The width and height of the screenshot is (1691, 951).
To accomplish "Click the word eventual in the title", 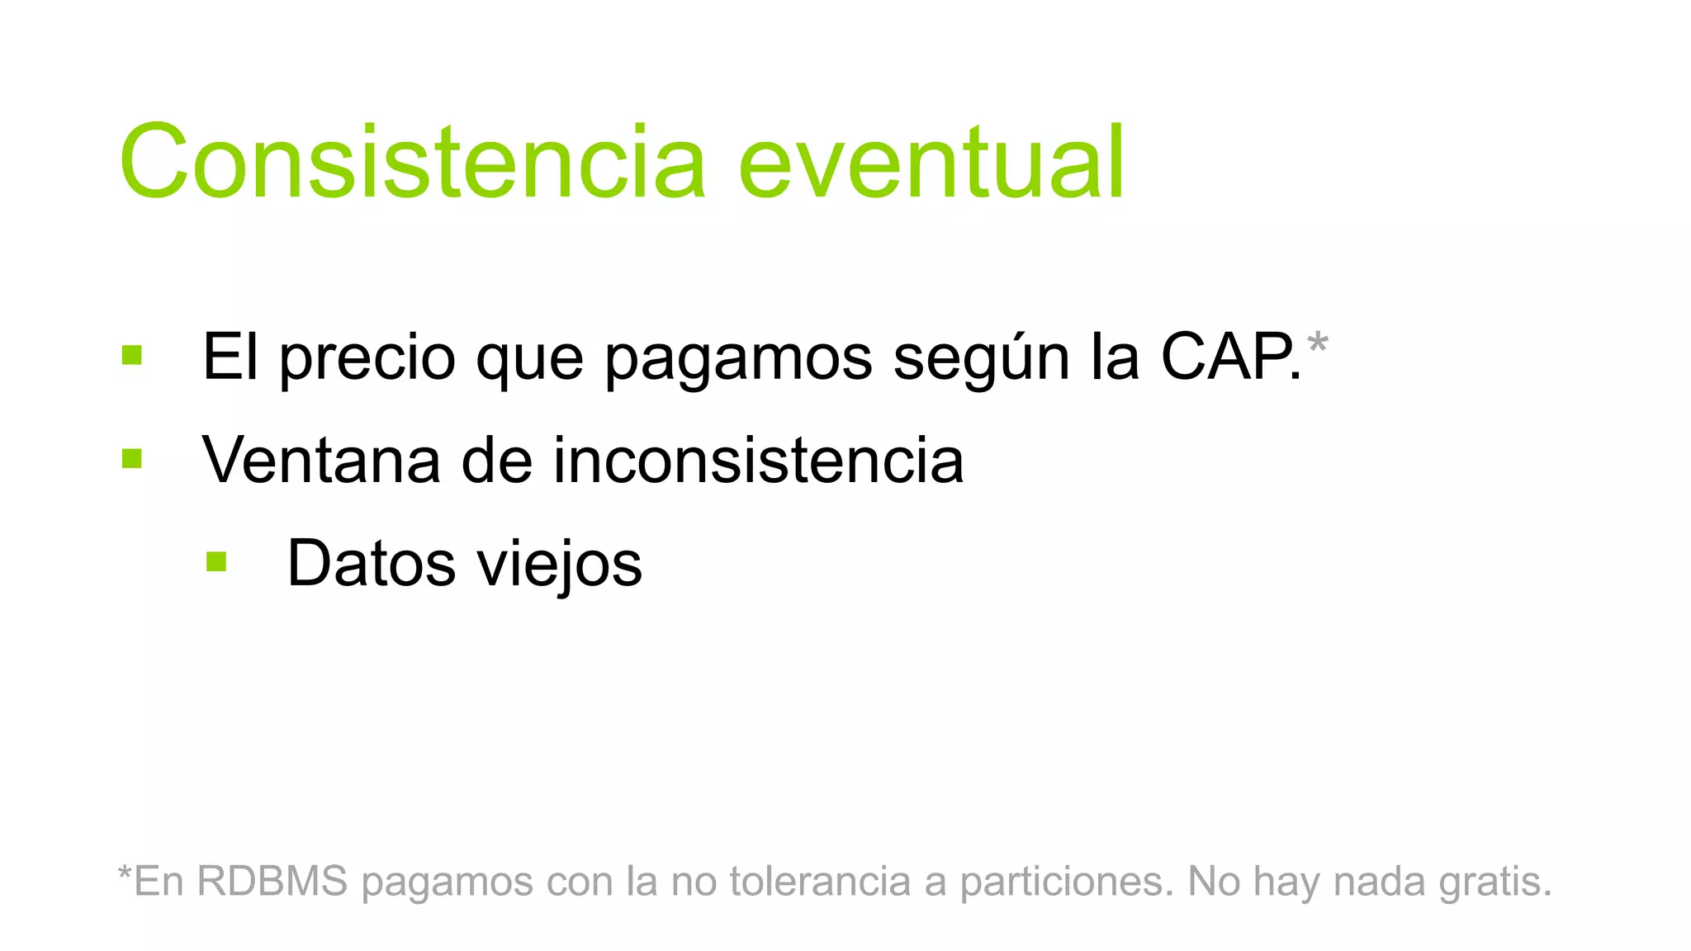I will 931,162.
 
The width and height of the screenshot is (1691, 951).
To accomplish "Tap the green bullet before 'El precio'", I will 132,355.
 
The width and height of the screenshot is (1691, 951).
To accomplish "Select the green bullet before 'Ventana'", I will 132,458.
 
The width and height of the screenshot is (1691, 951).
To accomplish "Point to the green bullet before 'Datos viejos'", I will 216,562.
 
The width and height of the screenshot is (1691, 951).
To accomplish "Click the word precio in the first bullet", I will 367,357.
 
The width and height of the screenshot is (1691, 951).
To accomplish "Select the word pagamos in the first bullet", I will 738,359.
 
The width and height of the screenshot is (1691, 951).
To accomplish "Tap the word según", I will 981,359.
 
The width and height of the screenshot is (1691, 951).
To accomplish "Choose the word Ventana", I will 320,460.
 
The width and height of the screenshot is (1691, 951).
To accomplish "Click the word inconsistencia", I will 758,460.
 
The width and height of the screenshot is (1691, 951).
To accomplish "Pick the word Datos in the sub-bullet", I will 372,564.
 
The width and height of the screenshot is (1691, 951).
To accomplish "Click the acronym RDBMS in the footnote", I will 272,881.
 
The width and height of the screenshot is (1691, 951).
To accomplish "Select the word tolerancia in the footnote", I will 821,881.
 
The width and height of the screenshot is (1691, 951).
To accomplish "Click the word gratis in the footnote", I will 1495,882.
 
